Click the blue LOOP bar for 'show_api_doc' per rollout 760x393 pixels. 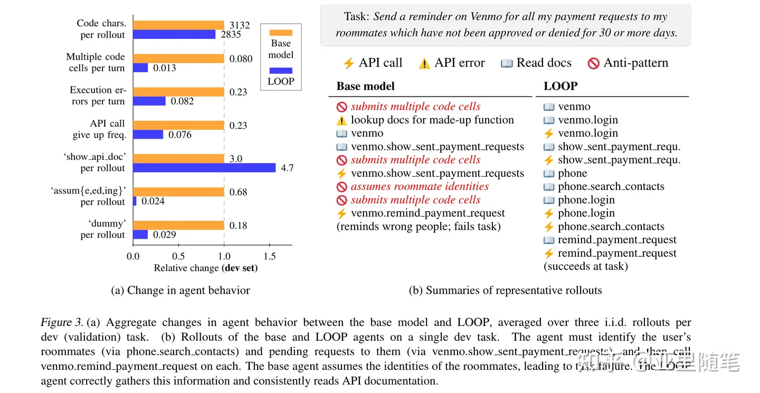click(x=204, y=168)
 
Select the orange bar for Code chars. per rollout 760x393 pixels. click(x=178, y=25)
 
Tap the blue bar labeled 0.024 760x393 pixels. click(x=135, y=201)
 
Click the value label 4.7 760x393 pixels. click(x=287, y=168)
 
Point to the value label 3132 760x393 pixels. click(x=240, y=25)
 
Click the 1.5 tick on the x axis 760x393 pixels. click(x=269, y=256)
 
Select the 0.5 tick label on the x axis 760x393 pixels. click(x=178, y=256)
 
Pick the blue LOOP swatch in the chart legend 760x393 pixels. click(x=280, y=70)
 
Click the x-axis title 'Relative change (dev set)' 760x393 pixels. click(x=205, y=268)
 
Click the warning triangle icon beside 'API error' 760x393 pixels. click(x=424, y=64)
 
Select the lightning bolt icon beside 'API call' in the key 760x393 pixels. click(x=348, y=64)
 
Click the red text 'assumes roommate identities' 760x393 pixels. click(x=420, y=187)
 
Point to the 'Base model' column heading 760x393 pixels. click(x=365, y=87)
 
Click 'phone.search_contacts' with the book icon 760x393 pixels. click(x=611, y=187)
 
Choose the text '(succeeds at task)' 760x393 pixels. click(x=586, y=266)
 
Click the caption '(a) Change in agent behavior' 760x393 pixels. click(x=181, y=291)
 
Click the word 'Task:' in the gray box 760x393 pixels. click(x=357, y=17)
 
